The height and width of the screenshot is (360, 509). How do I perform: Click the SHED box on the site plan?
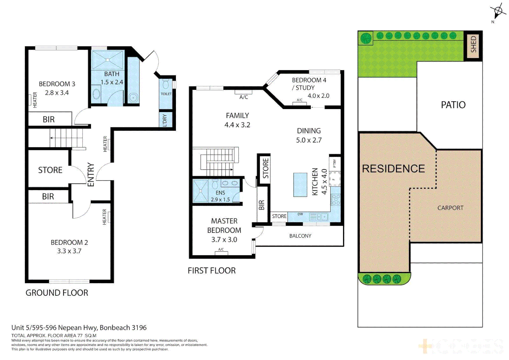coord(473,45)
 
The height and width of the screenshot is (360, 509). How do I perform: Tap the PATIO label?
coord(453,105)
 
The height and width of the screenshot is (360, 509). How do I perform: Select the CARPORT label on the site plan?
coord(450,208)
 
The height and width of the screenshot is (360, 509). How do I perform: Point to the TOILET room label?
coord(166,94)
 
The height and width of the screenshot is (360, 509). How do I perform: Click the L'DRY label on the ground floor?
coord(165,120)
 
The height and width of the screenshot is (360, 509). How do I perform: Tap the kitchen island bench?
coord(300,185)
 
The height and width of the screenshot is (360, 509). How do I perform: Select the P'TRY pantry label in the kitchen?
coord(334,163)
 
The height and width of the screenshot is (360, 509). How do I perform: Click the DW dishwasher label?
coord(300,214)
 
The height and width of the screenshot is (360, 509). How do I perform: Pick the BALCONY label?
coord(300,236)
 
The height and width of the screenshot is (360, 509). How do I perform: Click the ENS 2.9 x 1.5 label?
coord(220,196)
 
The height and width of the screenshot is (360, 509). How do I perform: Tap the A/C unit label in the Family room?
coord(244,97)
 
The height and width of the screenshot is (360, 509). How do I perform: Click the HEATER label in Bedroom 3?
coord(35,100)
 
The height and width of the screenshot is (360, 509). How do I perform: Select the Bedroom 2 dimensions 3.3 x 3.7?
coord(69,251)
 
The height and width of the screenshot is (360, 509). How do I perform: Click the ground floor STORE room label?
coord(50,170)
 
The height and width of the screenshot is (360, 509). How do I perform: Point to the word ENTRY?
coord(91,174)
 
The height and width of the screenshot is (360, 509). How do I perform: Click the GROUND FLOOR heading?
coord(57,293)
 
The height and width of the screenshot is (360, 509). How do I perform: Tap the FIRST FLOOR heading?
coord(212,271)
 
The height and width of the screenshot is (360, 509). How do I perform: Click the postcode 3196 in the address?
coord(139,328)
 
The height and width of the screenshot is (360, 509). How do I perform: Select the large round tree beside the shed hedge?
coord(366,38)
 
